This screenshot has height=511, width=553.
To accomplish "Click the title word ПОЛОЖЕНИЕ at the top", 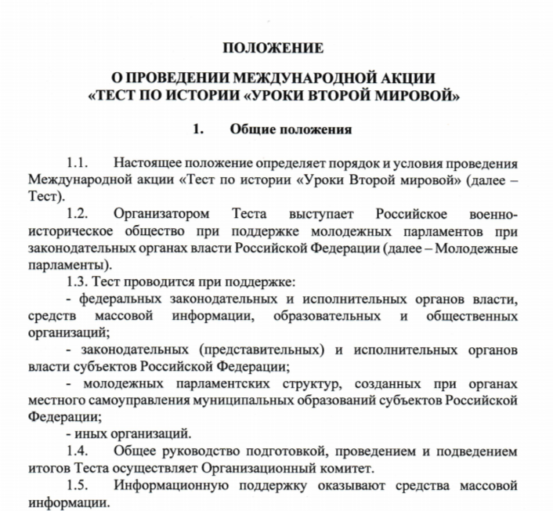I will [273, 49].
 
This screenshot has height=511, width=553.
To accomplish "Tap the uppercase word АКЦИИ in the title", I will [402, 78].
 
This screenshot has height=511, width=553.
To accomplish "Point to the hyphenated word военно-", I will [492, 213].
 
